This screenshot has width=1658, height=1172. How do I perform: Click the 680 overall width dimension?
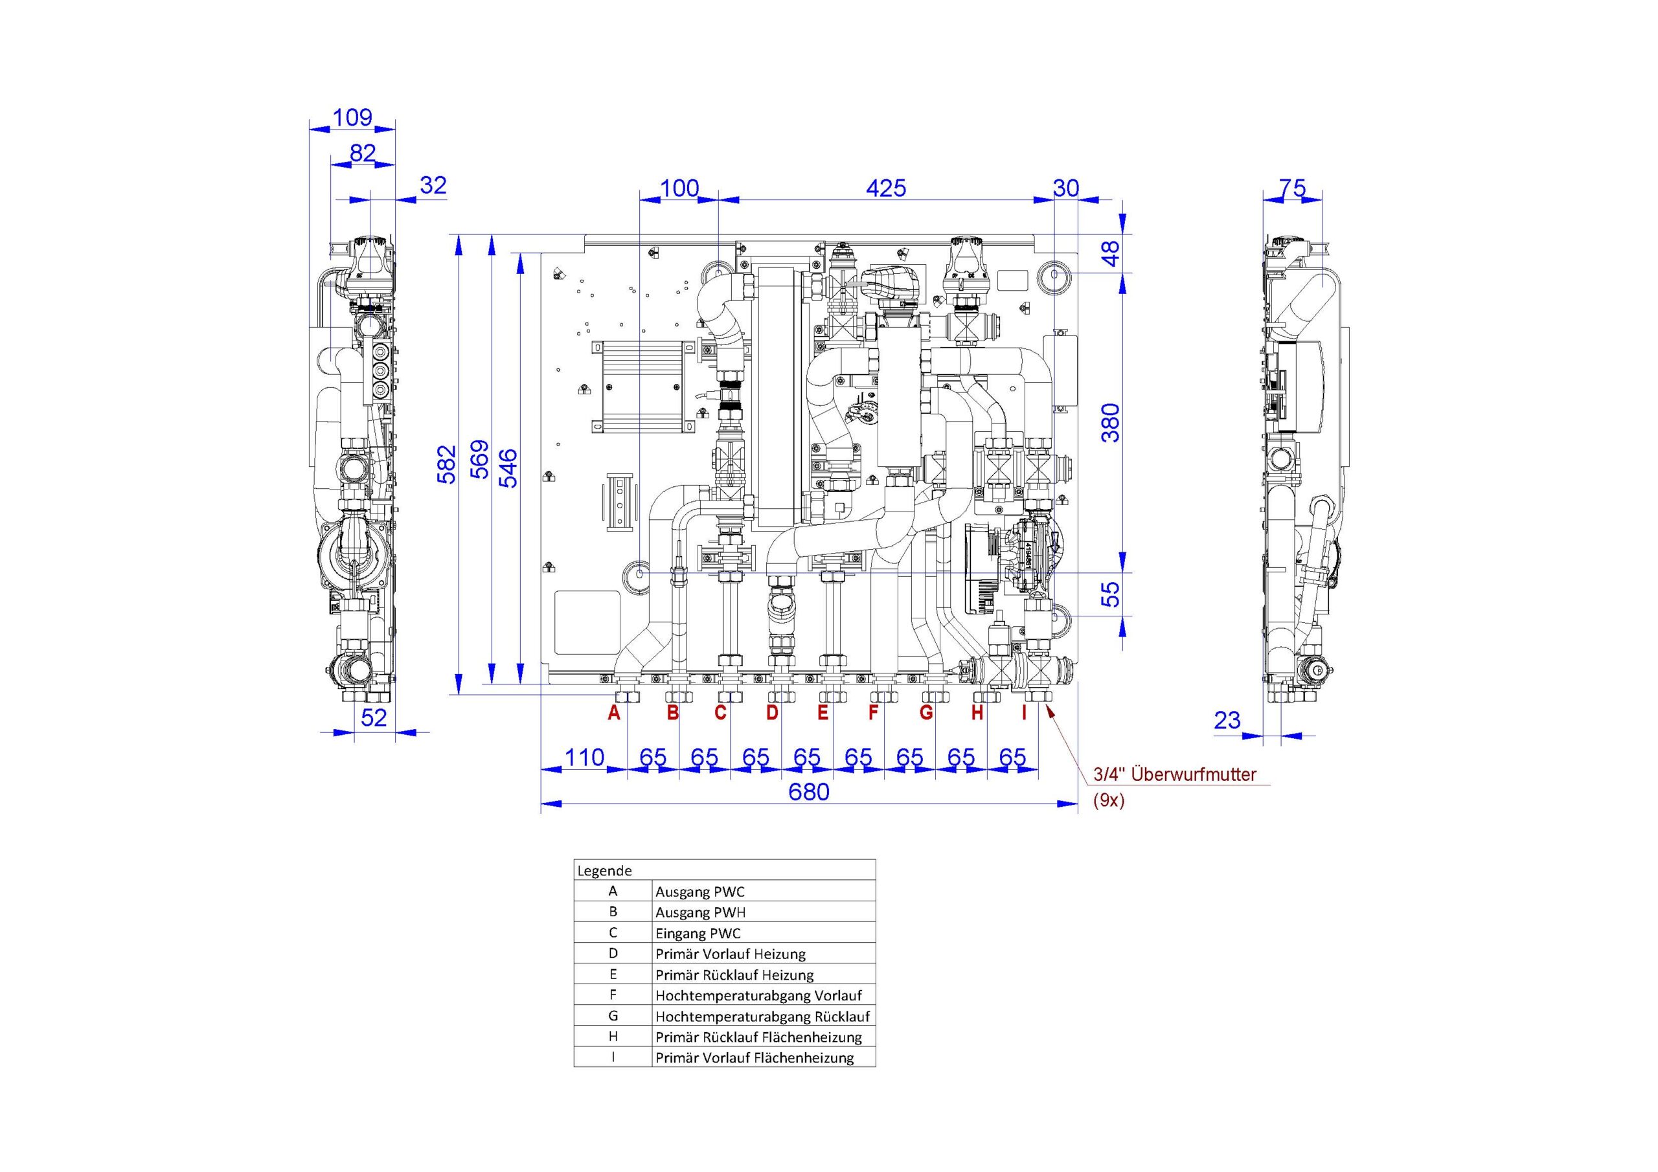pos(809,792)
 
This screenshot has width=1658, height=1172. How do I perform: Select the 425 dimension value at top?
pos(886,188)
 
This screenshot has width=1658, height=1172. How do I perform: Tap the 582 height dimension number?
pos(448,464)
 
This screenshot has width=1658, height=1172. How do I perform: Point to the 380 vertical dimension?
pos(1111,422)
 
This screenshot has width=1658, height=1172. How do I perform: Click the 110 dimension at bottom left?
pos(584,758)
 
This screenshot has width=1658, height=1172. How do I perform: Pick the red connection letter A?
pos(614,714)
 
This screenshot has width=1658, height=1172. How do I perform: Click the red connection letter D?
pos(772,714)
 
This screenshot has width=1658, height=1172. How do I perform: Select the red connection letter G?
pos(927,714)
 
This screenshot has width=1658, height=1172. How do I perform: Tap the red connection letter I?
pos(1023,714)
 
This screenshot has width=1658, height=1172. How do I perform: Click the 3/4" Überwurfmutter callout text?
pos(1175,775)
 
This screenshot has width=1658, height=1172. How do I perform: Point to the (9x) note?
pos(1108,801)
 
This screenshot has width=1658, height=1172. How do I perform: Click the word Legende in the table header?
pos(604,871)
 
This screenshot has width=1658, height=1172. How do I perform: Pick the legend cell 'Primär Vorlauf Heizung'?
pos(731,954)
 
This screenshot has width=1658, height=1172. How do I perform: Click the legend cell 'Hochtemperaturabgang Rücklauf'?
pos(762,1017)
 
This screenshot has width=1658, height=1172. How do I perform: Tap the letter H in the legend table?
pos(613,1037)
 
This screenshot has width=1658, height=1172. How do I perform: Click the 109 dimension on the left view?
pos(353,118)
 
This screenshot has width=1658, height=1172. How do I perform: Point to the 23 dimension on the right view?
pos(1227,720)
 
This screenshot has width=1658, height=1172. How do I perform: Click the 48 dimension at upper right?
pos(1111,253)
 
